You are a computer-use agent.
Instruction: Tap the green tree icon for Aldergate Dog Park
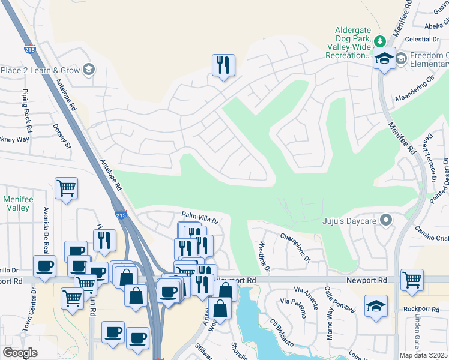coord(379,41)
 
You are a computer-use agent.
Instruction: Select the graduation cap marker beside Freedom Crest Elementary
coord(384,58)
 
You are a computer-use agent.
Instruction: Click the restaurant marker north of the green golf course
coord(223,65)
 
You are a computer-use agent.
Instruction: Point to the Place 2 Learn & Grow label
coord(41,70)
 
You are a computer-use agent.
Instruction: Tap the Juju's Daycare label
coord(350,219)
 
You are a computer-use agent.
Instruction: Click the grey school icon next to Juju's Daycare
coord(387,219)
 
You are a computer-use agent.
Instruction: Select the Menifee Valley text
coord(16,203)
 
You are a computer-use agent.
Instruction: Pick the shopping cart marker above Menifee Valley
coord(66,188)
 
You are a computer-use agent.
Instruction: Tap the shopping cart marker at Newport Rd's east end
coord(412,280)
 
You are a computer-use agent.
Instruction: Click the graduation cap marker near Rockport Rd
coord(376,306)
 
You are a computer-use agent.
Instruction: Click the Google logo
coord(20,353)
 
